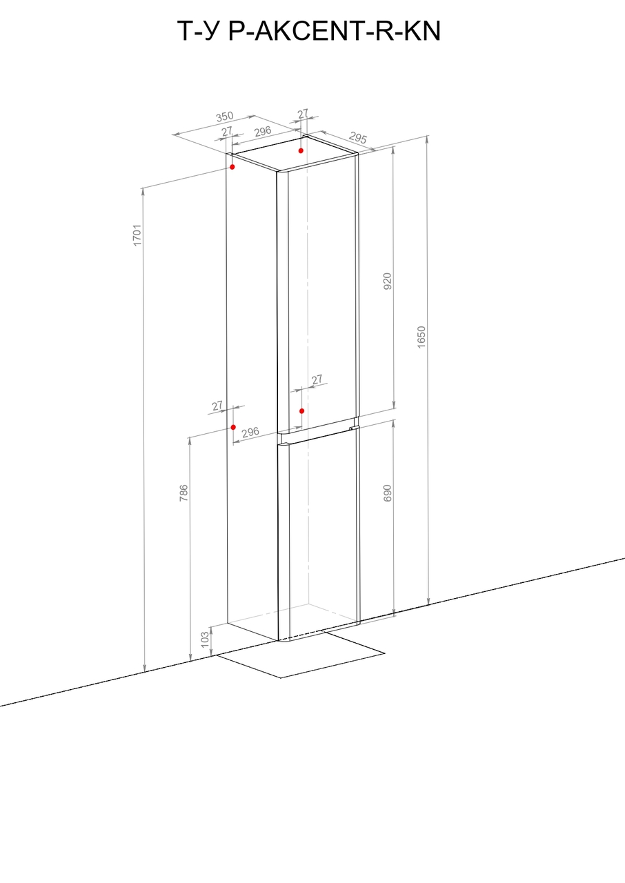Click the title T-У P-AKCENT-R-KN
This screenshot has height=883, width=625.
pyautogui.click(x=308, y=31)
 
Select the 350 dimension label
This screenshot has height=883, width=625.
pyautogui.click(x=225, y=117)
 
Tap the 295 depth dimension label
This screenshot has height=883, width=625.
pyautogui.click(x=358, y=137)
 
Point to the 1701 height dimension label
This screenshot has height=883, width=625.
pyautogui.click(x=137, y=235)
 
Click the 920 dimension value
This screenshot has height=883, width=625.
pyautogui.click(x=388, y=281)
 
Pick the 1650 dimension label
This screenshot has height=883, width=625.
pyautogui.click(x=421, y=337)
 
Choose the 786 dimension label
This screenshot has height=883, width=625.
pyautogui.click(x=183, y=493)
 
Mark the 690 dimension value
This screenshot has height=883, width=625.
pyautogui.click(x=388, y=493)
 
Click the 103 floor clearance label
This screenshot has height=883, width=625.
pyautogui.click(x=205, y=639)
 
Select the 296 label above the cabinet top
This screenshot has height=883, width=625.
pyautogui.click(x=263, y=131)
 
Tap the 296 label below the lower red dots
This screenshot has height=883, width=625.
pyautogui.click(x=250, y=432)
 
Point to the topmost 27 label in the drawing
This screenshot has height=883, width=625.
pyautogui.click(x=303, y=114)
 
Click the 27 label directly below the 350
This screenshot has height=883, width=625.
pyautogui.click(x=227, y=131)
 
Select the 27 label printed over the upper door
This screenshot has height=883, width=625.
pyautogui.click(x=317, y=379)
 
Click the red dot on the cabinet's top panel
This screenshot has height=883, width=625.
pyautogui.click(x=301, y=150)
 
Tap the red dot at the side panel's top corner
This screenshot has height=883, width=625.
pyautogui.click(x=232, y=167)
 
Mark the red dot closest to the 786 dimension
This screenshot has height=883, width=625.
pyautogui.click(x=233, y=427)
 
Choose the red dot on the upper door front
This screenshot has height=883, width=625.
pyautogui.click(x=302, y=410)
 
